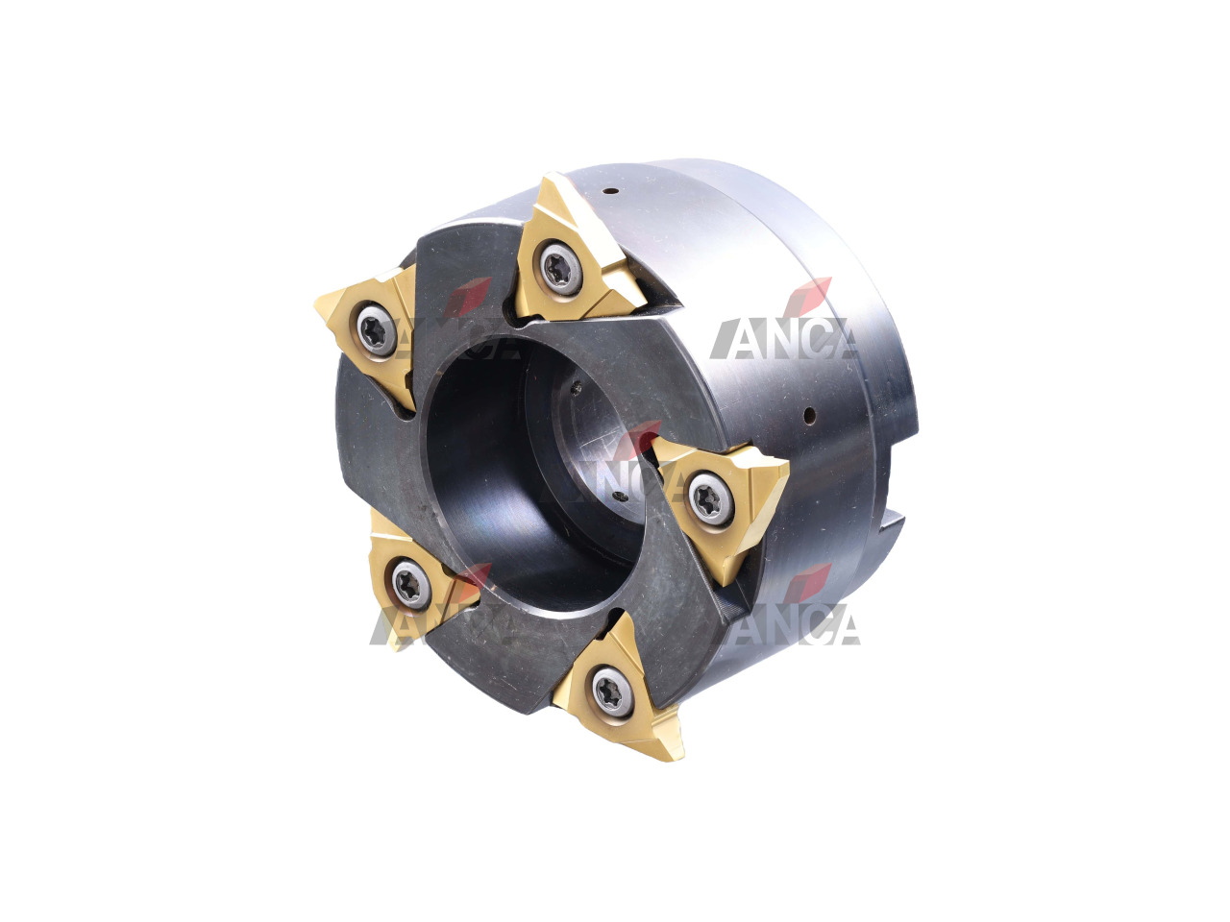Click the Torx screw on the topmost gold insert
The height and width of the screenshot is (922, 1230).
click(x=561, y=268)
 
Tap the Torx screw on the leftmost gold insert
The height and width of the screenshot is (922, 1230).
click(x=377, y=330)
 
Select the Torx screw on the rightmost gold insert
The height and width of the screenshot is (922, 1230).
click(x=711, y=498)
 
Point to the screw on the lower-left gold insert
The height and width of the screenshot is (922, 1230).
click(x=410, y=584)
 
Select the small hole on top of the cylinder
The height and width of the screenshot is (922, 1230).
click(x=611, y=191)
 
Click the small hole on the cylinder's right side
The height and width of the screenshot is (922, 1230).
click(x=809, y=415)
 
